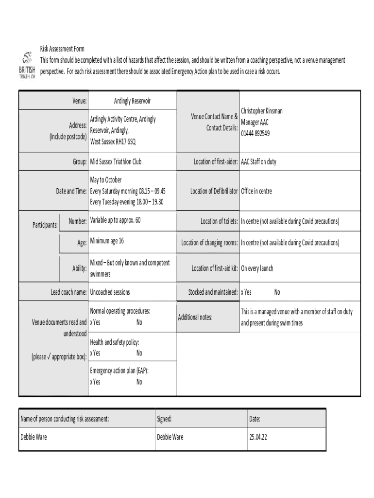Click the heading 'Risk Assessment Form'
pos(62,49)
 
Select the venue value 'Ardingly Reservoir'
pos(132,101)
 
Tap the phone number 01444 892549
pos(255,133)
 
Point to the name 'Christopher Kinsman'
pos(262,111)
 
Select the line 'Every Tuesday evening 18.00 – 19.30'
pos(126,202)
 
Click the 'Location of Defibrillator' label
pos(214,191)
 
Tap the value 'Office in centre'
pos(256,191)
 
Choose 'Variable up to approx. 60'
pos(115,220)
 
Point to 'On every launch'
pos(257,268)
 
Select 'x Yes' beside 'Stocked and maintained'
pos(246,292)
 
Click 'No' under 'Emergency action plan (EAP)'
pos(139,382)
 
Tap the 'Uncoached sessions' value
pos(110,292)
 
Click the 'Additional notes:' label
pos(195,317)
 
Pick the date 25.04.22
pos(258,437)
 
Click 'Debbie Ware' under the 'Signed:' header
pos(170,437)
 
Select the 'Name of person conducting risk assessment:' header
pos(65,418)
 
